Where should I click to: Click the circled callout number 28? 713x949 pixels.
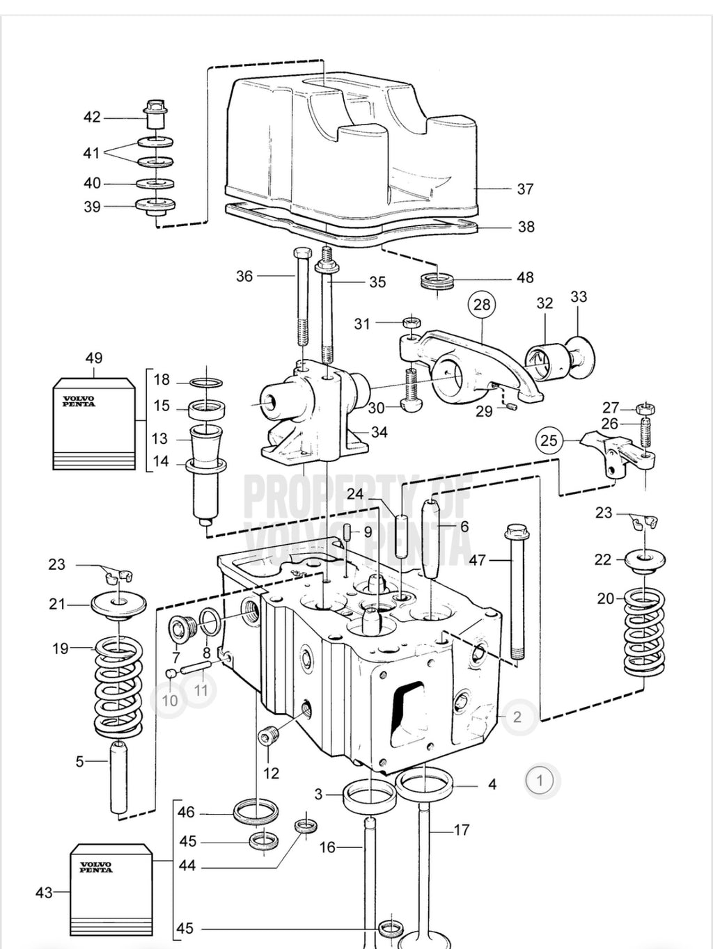(482, 304)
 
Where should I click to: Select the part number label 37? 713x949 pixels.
(525, 189)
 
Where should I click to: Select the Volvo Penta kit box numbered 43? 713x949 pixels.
(111, 890)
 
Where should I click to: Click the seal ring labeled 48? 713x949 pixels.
(437, 282)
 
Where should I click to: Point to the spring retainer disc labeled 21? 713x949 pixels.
(119, 603)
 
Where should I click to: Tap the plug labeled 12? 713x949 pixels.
(269, 736)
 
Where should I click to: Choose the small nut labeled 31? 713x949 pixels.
(411, 323)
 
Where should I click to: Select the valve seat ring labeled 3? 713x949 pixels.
(369, 795)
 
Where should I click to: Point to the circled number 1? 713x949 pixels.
(540, 780)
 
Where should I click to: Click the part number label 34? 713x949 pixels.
(379, 432)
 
